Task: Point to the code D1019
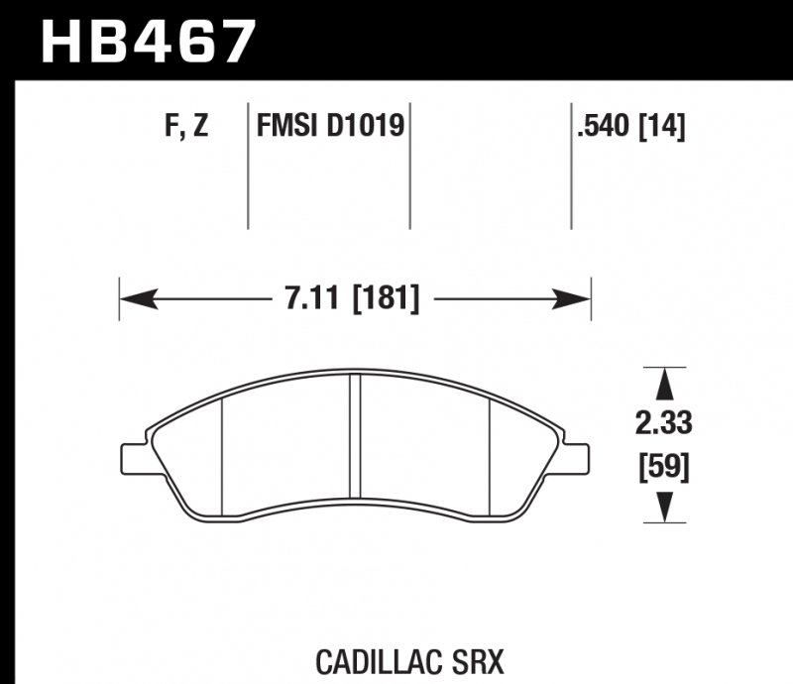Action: tap(367, 127)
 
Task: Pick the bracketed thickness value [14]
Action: tap(664, 127)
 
